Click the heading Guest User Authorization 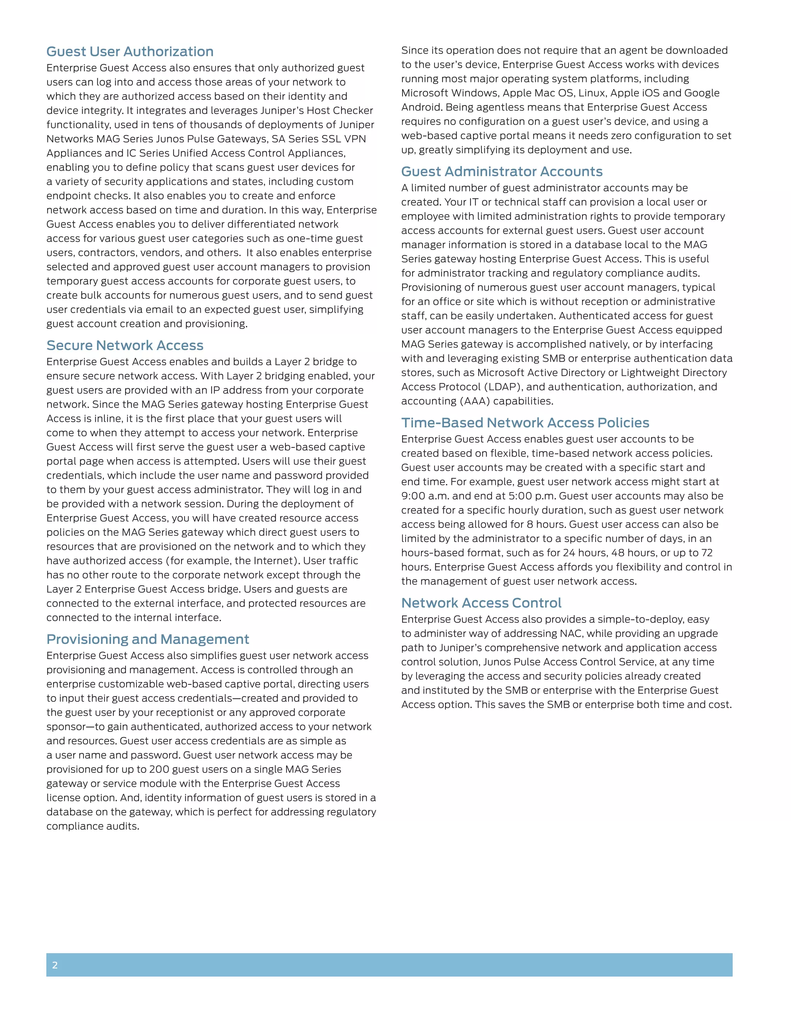pos(130,51)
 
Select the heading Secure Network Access pos(125,345)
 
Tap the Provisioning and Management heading pos(148,639)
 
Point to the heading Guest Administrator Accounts pos(501,171)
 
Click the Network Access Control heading pos(481,603)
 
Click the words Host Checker pos(340,110)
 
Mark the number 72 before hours pos(707,553)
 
